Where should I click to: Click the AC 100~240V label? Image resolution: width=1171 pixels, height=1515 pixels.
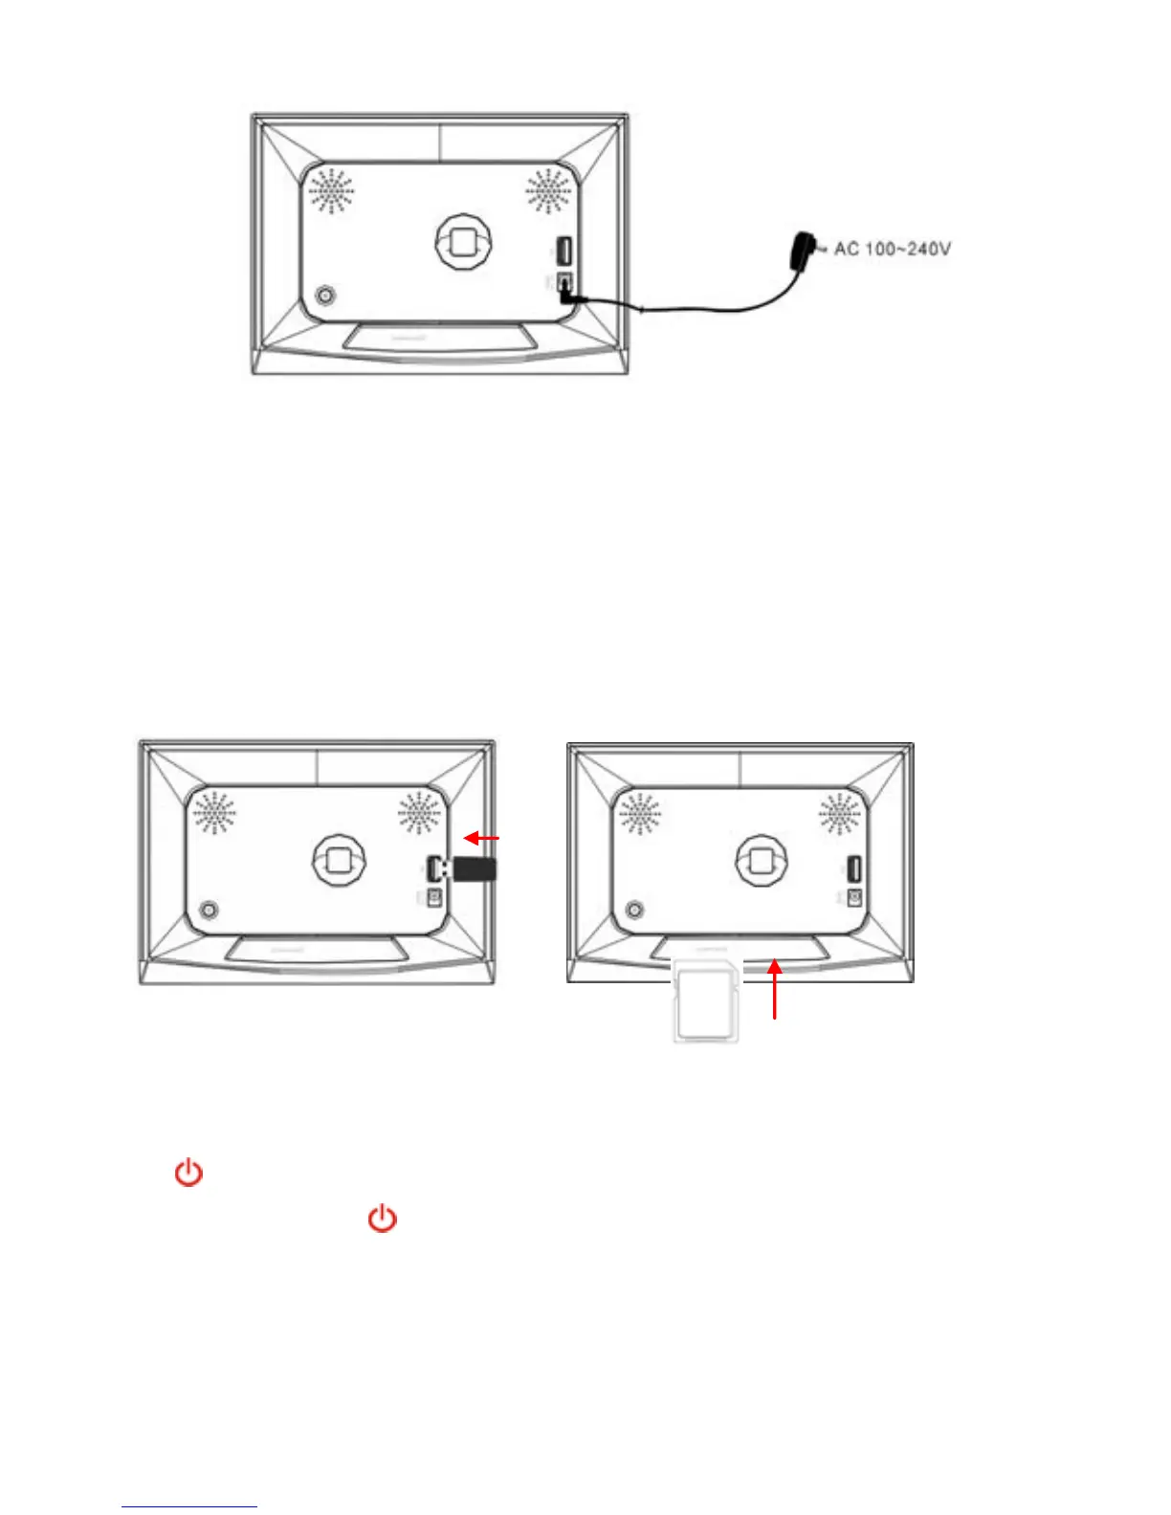click(892, 249)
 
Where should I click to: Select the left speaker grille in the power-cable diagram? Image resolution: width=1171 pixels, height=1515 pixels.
click(332, 191)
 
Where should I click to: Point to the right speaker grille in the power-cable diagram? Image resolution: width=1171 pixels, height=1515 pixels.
click(548, 191)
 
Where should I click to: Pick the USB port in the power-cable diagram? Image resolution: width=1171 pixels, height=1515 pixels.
click(563, 252)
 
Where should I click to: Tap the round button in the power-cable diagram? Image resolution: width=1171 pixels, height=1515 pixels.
click(326, 296)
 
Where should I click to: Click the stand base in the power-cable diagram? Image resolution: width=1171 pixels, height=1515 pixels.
click(439, 340)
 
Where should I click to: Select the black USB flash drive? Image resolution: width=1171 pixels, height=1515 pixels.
click(473, 868)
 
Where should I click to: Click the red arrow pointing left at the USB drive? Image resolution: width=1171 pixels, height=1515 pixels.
click(481, 839)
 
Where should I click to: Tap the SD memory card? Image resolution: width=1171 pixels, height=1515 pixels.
click(706, 999)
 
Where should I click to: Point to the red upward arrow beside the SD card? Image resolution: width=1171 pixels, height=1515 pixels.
click(775, 990)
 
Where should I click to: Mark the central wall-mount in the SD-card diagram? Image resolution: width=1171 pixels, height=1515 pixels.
click(760, 859)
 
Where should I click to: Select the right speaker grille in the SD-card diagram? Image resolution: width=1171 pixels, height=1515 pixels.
click(840, 814)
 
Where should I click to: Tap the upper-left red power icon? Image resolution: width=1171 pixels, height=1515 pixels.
click(188, 1172)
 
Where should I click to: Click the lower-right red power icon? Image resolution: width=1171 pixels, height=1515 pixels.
click(383, 1219)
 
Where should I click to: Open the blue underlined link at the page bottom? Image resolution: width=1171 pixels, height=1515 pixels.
click(189, 1506)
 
